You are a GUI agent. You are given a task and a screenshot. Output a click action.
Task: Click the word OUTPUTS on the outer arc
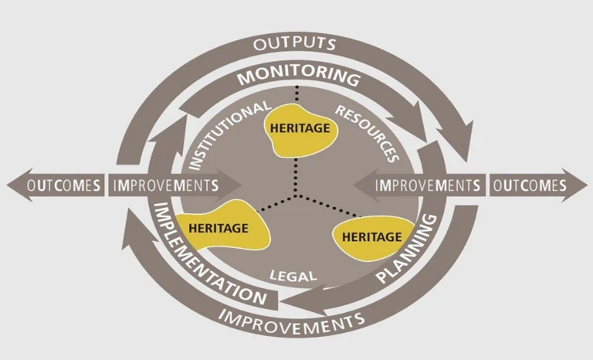tap(296, 42)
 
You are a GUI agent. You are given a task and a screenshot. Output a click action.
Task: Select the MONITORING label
tap(298, 77)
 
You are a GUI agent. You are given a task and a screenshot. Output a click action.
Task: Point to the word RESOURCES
tap(367, 132)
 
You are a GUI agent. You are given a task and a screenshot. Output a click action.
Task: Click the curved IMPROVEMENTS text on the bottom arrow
tap(292, 316)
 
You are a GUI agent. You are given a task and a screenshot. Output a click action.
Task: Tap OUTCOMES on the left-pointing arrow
tap(64, 185)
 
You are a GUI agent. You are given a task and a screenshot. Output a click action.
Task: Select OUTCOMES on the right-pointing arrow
tap(529, 185)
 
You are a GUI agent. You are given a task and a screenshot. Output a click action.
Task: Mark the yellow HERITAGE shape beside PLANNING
tap(371, 236)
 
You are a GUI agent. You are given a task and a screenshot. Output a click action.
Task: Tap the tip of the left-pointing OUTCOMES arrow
tap(8, 185)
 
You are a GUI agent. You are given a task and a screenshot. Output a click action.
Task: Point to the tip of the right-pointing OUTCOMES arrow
tap(585, 185)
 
